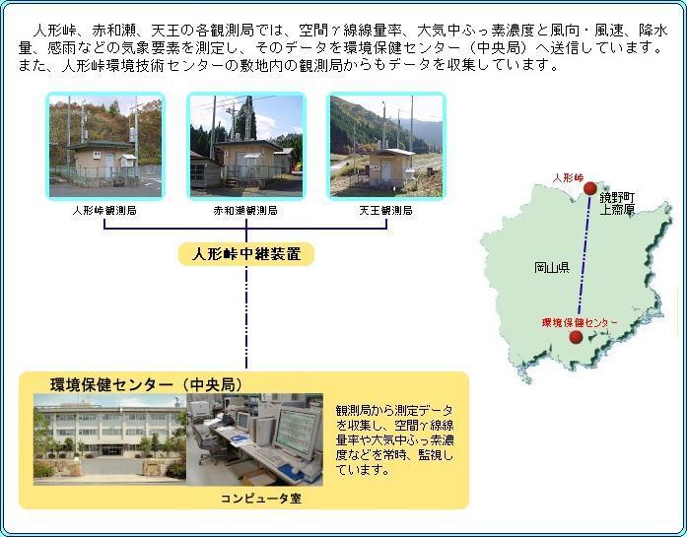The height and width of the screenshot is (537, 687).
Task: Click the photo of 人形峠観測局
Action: [x=105, y=146]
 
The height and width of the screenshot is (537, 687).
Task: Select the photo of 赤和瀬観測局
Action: [x=246, y=146]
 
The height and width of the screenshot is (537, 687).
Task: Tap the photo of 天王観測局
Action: [x=386, y=146]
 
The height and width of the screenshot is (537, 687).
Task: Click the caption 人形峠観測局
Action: [x=104, y=211]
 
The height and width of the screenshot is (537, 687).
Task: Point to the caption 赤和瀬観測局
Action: [x=245, y=211]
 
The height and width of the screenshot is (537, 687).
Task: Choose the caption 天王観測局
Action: [x=386, y=211]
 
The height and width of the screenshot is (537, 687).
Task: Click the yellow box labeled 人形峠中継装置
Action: [x=246, y=254]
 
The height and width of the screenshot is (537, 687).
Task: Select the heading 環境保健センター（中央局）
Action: [x=146, y=384]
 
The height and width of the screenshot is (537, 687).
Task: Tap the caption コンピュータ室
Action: [x=260, y=499]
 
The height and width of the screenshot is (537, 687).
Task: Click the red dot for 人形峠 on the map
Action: [x=590, y=188]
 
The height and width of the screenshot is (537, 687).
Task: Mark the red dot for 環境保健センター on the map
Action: [x=576, y=337]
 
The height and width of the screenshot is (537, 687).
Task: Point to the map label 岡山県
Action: [x=552, y=267]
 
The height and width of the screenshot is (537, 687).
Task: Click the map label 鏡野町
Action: [x=617, y=197]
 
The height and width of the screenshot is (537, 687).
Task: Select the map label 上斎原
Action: [x=617, y=209]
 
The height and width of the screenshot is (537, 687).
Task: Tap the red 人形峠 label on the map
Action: [x=568, y=177]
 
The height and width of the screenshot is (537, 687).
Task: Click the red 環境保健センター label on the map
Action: [x=580, y=323]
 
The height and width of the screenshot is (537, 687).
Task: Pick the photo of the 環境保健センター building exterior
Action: [x=110, y=439]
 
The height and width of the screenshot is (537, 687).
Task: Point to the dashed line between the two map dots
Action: [x=584, y=255]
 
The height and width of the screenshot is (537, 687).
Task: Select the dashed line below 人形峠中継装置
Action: [x=246, y=316]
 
